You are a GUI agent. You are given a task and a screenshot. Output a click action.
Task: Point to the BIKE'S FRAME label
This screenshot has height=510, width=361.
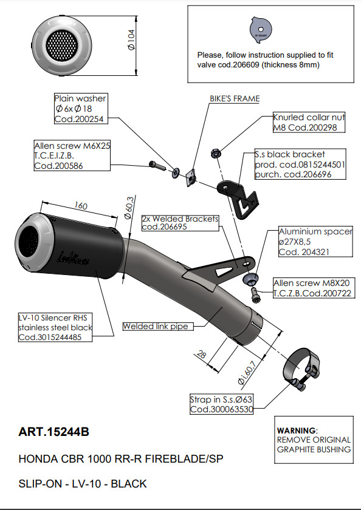[x=235, y=98]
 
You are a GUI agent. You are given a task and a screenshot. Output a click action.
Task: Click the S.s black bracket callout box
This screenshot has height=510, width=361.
[x=300, y=165]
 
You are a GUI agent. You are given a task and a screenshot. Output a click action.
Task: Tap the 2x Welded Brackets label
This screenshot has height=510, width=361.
[x=179, y=223]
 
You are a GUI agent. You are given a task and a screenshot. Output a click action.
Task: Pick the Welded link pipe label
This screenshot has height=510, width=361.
[x=157, y=327]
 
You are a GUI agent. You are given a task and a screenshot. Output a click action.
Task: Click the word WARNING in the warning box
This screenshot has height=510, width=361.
[x=297, y=430]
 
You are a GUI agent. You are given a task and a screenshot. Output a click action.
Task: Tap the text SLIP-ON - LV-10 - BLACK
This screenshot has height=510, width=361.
[x=83, y=484]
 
